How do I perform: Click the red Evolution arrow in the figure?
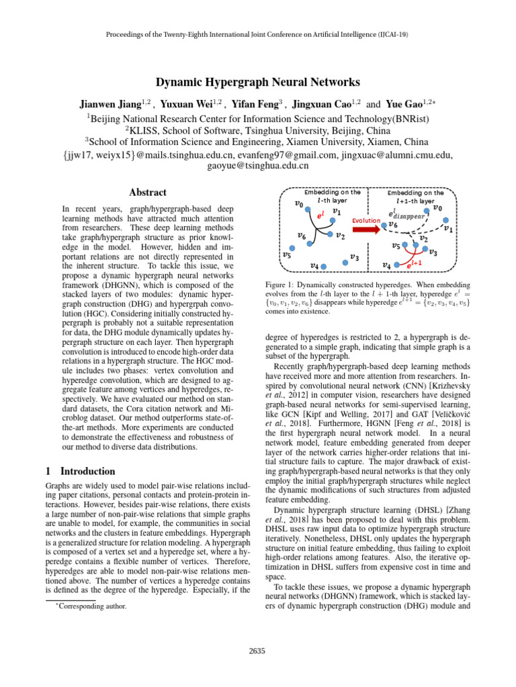366,229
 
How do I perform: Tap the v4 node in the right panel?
396,265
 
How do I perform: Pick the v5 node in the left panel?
292,248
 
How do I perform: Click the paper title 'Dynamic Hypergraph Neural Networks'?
257,83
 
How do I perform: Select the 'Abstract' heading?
147,192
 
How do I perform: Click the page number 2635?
258,650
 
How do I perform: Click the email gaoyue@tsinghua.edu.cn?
258,166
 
